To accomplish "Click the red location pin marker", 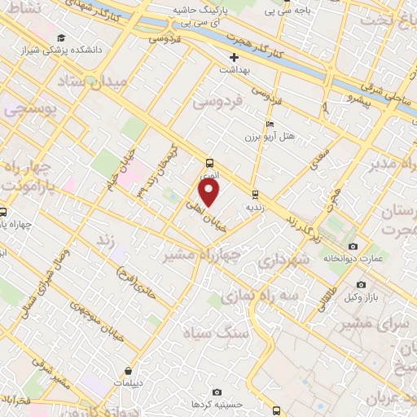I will pyautogui.click(x=210, y=192).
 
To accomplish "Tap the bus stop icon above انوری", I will pyautogui.click(x=210, y=162).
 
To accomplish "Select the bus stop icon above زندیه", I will pyautogui.click(x=256, y=194).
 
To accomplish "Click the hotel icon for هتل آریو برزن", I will pyautogui.click(x=270, y=125).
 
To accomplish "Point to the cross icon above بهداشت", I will pyautogui.click(x=234, y=57).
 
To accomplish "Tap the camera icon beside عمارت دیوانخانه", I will pyautogui.click(x=352, y=246).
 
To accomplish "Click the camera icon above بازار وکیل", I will pyautogui.click(x=361, y=285).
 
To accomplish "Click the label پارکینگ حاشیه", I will pyautogui.click(x=199, y=11).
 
